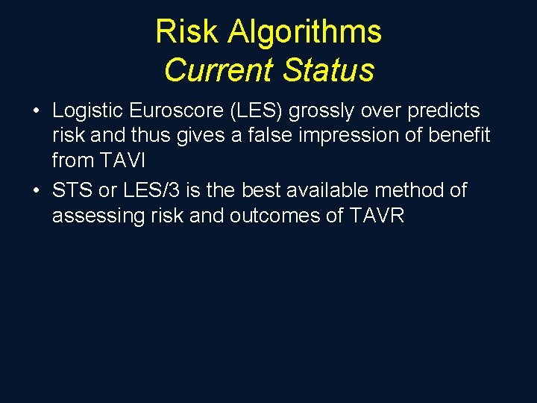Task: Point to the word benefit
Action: pyautogui.click(x=462, y=136)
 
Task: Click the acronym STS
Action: pyautogui.click(x=72, y=190)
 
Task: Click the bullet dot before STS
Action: pyautogui.click(x=37, y=191)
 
